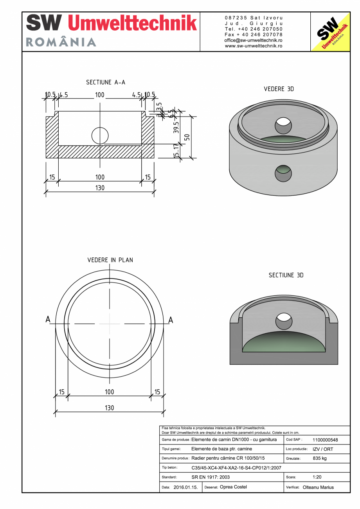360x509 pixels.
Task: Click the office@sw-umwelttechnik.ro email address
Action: (254, 40)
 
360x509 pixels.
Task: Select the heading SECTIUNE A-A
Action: (106, 82)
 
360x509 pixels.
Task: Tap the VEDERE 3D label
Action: (279, 89)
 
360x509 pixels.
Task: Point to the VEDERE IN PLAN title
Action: (110, 260)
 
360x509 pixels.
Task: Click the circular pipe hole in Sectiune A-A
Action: (100, 135)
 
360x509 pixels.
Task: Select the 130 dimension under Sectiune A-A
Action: (100, 188)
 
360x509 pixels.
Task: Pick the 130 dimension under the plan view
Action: (110, 408)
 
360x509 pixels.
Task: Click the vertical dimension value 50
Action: (187, 137)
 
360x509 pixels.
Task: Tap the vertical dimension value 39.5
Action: (176, 128)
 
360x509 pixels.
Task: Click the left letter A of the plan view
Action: (48, 320)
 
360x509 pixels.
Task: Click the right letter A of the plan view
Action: (171, 320)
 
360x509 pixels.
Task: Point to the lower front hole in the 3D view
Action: (283, 173)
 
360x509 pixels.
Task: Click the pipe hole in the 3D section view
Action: (284, 322)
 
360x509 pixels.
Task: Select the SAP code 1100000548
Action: (325, 440)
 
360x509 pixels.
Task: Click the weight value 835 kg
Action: (320, 458)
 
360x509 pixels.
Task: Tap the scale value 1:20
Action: (317, 477)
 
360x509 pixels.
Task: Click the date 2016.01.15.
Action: (185, 487)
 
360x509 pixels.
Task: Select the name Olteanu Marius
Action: (318, 487)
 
